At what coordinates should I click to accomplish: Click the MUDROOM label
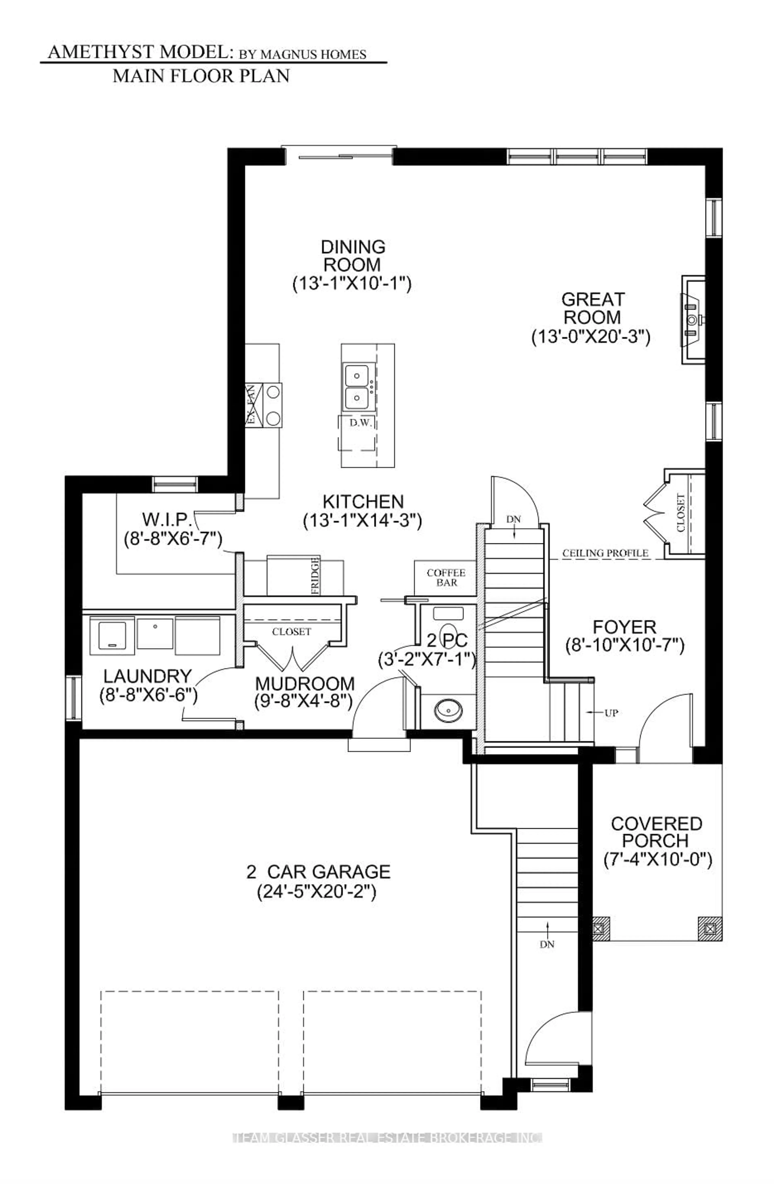pos(304,684)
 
